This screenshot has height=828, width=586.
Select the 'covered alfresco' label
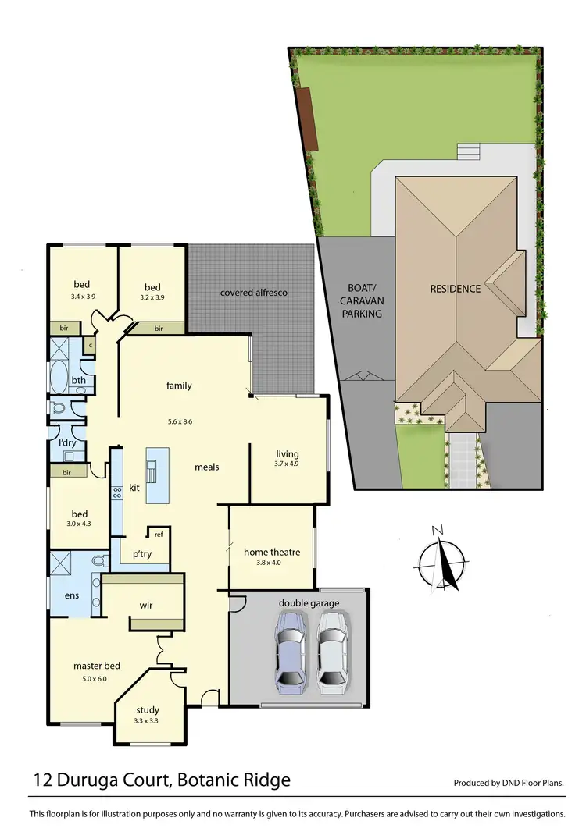[x=254, y=293]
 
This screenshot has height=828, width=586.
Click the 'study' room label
[x=148, y=710]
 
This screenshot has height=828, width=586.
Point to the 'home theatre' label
[x=272, y=552]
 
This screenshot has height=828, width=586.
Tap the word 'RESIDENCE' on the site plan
[x=456, y=289]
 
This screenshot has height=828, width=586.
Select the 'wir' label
[x=145, y=605]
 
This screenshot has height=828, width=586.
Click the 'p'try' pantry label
[x=141, y=553]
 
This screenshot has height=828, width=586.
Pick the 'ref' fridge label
[x=159, y=535]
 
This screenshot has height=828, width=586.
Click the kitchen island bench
[x=157, y=475]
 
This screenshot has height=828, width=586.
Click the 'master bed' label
[x=97, y=666]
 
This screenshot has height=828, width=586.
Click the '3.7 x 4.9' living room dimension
[x=288, y=464]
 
